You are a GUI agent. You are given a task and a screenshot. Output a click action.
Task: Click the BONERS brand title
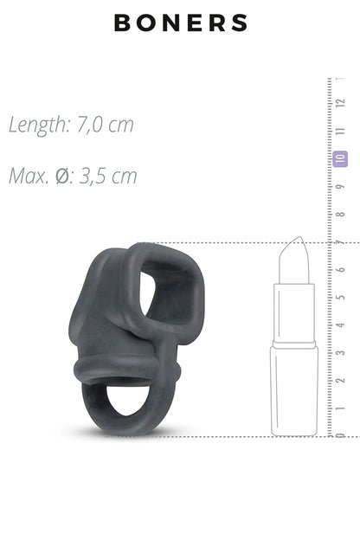[x=181, y=22]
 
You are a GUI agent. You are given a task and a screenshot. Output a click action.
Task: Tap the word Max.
[x=29, y=176]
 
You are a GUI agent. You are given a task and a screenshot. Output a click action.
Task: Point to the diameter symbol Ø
[x=62, y=176]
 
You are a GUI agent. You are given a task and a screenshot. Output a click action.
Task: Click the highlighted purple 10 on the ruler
[x=340, y=158]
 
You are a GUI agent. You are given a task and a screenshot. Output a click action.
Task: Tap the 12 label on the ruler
[x=341, y=103]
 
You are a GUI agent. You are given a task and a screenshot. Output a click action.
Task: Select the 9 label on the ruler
[x=341, y=187]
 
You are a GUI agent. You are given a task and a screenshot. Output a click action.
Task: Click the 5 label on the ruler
[x=341, y=297]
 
